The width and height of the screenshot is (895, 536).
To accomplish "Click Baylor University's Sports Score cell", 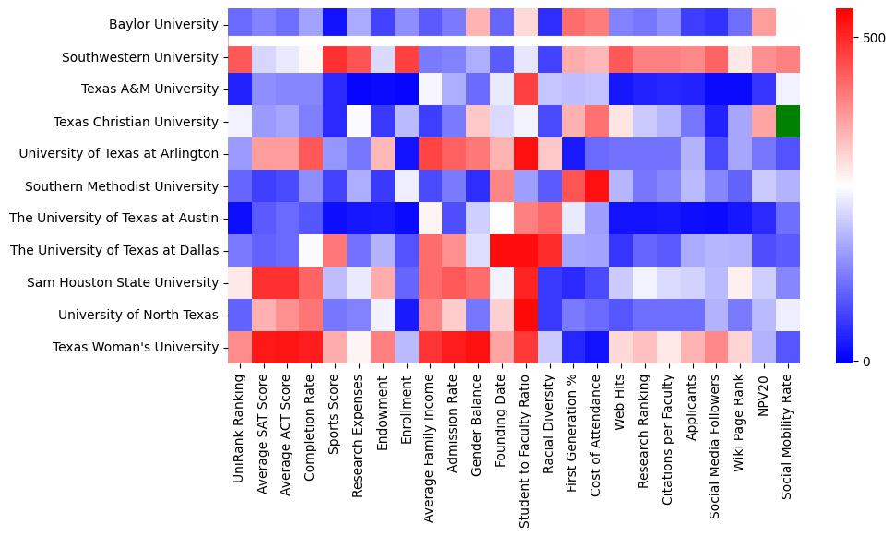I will coord(334,25).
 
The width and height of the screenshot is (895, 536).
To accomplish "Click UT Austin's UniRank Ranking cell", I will coord(239,218).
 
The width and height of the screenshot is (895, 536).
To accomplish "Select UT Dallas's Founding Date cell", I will coord(501,250).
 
